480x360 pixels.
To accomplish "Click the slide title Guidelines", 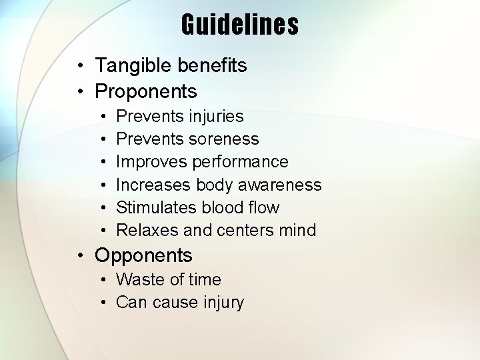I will pyautogui.click(x=240, y=25).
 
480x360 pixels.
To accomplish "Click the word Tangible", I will pyautogui.click(x=133, y=65).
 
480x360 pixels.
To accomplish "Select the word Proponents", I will pyautogui.click(x=146, y=91).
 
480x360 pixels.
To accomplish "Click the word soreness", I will pyautogui.click(x=224, y=139).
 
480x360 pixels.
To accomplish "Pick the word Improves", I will pyautogui.click(x=151, y=162).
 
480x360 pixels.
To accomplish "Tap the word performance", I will pyautogui.click(x=240, y=162).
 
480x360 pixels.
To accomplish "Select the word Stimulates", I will pyautogui.click(x=156, y=207).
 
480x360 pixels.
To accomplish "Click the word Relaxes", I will pyautogui.click(x=147, y=230).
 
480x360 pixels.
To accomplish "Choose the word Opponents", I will pyautogui.click(x=143, y=255).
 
